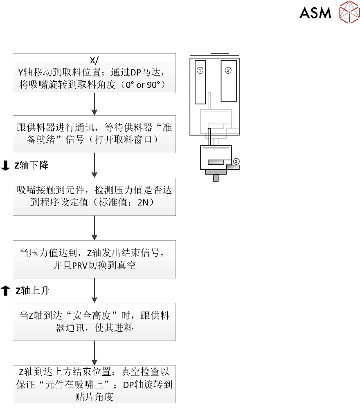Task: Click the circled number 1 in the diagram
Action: (x=200, y=70)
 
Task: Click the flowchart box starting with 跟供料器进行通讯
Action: (x=94, y=134)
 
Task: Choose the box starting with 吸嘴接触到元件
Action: (x=94, y=197)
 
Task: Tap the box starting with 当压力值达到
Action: (x=94, y=259)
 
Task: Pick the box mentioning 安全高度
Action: (x=94, y=322)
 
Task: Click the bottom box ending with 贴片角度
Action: (x=94, y=384)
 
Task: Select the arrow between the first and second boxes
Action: (x=94, y=104)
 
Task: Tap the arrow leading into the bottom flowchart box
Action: (x=94, y=353)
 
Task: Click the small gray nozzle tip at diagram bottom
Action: (x=216, y=178)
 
